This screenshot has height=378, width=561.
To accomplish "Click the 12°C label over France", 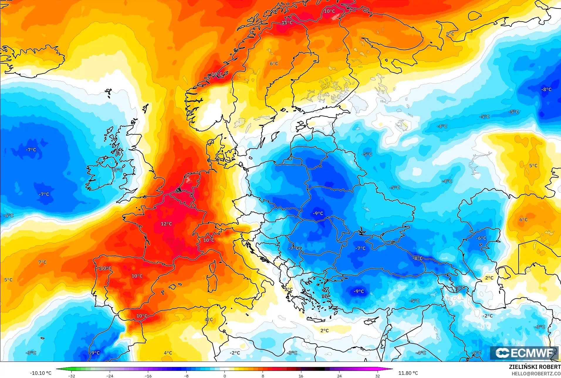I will tap(166, 224).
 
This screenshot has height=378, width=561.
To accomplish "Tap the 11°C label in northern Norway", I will tap(287, 23).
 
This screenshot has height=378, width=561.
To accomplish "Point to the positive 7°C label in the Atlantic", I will tap(42, 262).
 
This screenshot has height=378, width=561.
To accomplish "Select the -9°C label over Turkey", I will tap(359, 291).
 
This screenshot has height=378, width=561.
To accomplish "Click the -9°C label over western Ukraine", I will tap(318, 214).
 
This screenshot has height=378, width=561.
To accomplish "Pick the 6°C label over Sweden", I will tap(274, 64).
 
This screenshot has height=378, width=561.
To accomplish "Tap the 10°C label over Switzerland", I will tap(209, 240).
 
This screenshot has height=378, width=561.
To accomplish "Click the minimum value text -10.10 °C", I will tap(40, 373).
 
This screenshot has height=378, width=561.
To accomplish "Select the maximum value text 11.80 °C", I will tap(408, 373).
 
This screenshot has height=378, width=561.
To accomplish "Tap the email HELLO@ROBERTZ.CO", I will tap(536, 374).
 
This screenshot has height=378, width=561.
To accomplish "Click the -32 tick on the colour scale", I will tap(72, 376).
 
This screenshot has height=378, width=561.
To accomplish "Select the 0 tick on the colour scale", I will tap(225, 376).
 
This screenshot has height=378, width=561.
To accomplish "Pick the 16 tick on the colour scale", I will tap(301, 376).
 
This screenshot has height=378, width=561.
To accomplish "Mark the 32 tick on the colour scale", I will tap(377, 376).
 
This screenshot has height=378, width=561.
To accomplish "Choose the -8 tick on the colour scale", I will tap(186, 376).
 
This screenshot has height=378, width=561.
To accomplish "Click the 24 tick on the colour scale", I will tap(339, 376).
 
